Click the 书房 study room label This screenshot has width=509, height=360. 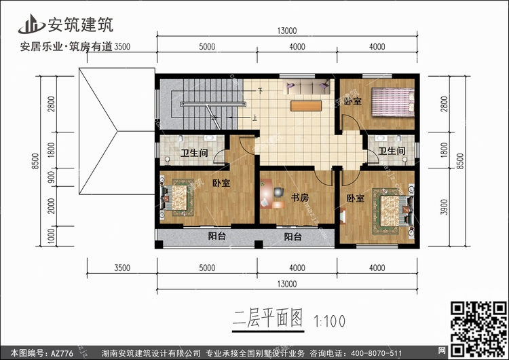tap(299, 197)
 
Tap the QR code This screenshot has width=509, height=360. tap(478, 329)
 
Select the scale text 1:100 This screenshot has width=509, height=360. tap(329, 321)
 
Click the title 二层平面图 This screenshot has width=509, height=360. tap(268, 318)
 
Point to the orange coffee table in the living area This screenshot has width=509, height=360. tap(306, 106)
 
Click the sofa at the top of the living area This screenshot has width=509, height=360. tap(307, 87)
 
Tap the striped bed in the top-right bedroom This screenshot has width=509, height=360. tap(393, 102)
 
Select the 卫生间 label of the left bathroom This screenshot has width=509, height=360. tap(194, 153)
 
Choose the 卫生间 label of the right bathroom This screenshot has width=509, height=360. tap(392, 151)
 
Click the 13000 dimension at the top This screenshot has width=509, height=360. tap(287, 31)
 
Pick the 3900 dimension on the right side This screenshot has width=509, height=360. tap(444, 207)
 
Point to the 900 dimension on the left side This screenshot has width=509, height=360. tap(51, 177)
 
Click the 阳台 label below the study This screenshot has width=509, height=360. tap(293, 236)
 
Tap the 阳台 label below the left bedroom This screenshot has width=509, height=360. tap(217, 236)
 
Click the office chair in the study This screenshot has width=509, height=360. tap(278, 192)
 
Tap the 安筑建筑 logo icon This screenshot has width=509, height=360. tap(31, 24)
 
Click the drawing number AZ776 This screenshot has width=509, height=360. tap(62, 353)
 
